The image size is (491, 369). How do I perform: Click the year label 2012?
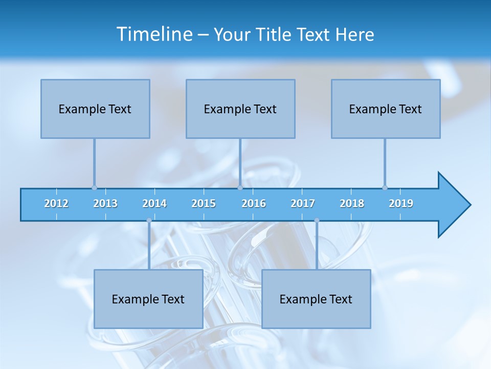coord(56,203)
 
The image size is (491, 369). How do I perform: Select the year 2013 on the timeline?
coord(105,203)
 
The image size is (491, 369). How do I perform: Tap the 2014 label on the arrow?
coord(154,203)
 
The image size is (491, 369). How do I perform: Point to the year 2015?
coord(204,203)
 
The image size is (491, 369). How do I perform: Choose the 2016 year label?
coord(254,203)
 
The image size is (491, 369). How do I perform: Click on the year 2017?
coord(303,203)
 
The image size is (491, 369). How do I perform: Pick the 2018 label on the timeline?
coord(352,203)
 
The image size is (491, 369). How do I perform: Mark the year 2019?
coord(401,203)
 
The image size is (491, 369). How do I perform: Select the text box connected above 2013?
coord(95,109)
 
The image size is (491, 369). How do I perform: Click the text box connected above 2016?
coord(240,109)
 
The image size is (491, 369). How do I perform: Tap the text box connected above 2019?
coord(386,109)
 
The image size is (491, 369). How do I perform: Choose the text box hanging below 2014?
coord(148,299)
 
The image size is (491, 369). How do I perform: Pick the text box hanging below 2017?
coord(316,299)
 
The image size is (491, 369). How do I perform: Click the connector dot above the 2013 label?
coord(94,188)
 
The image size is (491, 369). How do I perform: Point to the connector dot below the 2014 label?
coord(149,220)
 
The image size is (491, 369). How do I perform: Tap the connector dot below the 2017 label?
coord(317,220)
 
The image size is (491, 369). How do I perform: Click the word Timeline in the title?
coord(154,34)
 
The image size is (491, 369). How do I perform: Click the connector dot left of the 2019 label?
coord(385,188)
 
